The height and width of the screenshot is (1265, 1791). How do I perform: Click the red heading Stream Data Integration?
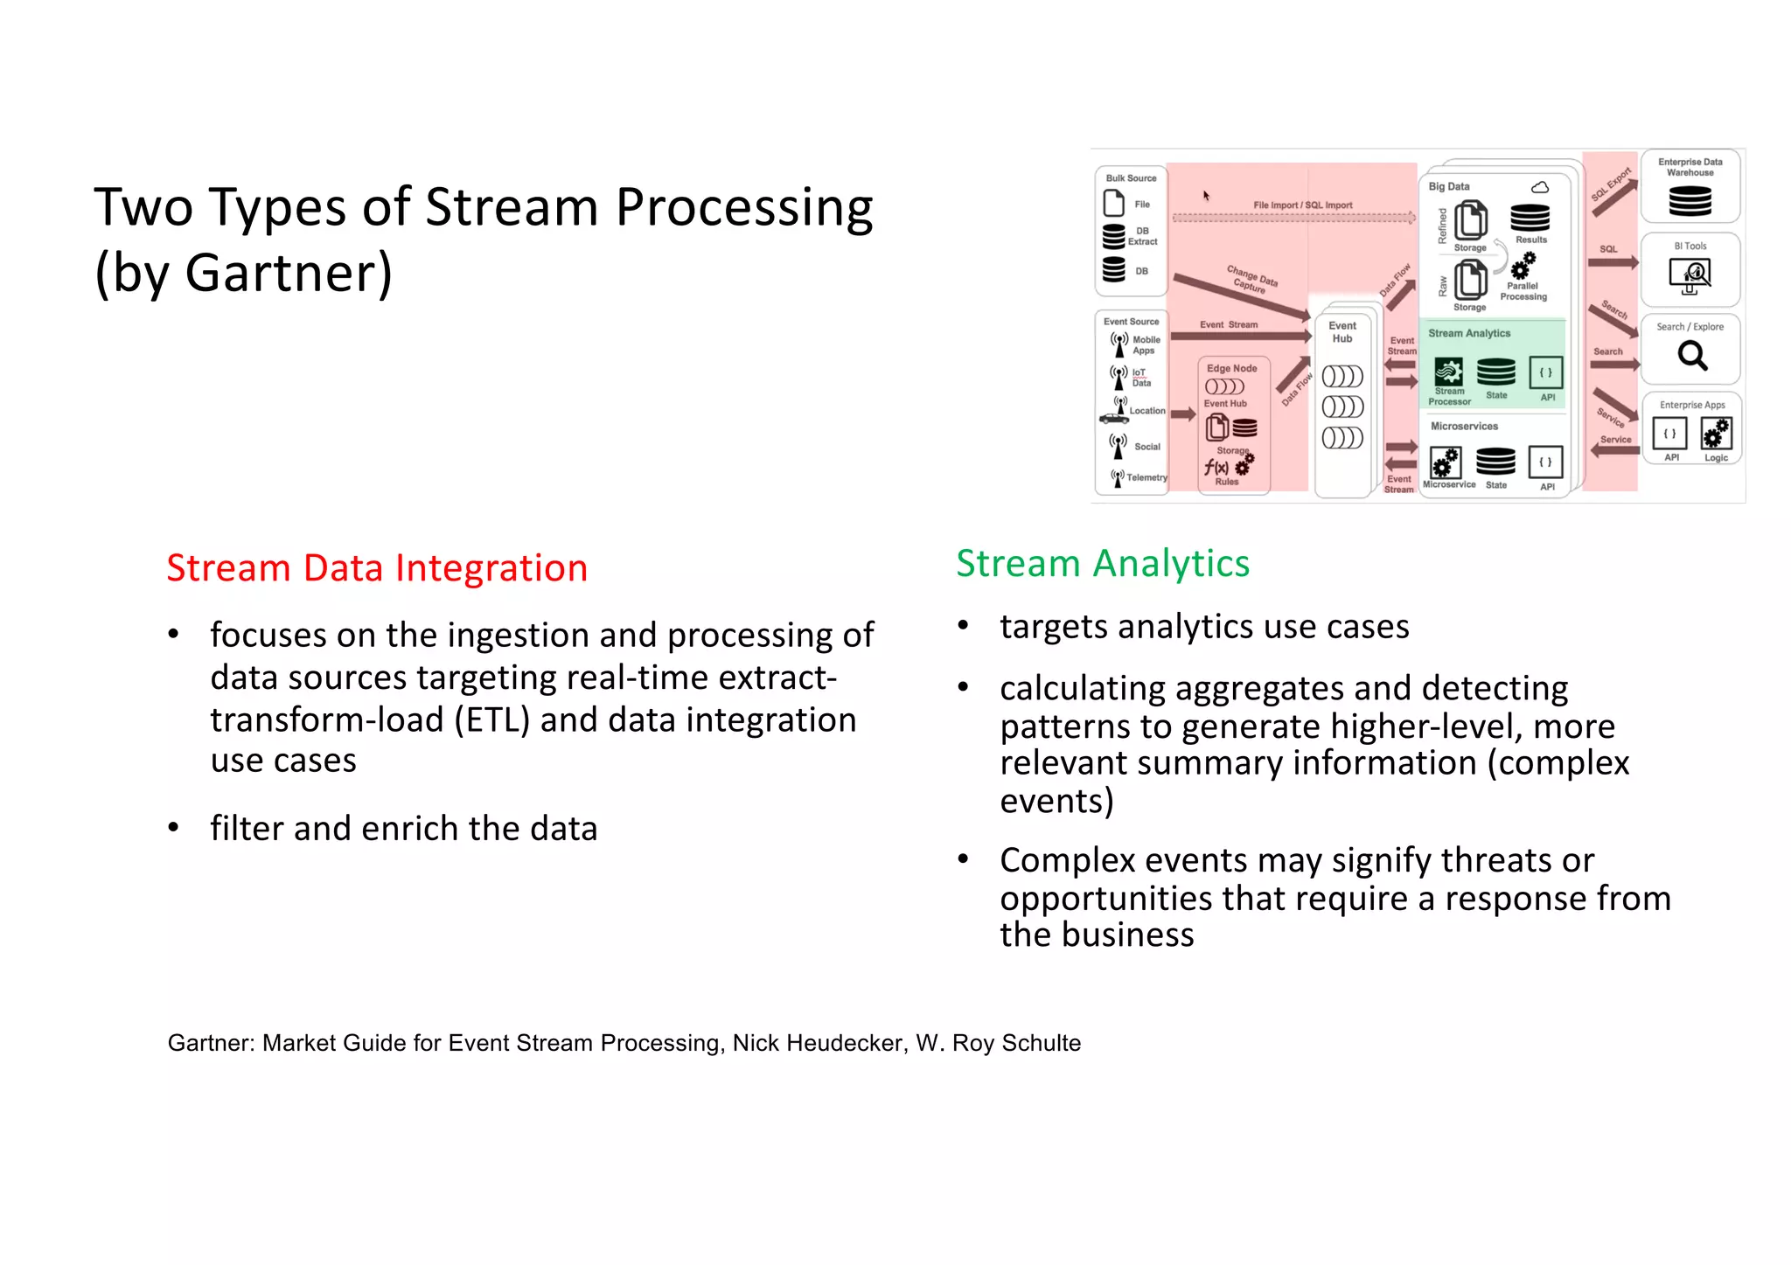pos(377,568)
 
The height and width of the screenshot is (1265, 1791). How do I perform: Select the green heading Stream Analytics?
pos(1102,564)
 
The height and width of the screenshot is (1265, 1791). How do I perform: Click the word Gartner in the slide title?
pos(288,274)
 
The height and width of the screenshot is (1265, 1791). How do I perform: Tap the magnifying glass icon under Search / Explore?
pos(1692,355)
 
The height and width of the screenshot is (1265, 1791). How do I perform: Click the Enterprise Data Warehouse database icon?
pos(1690,201)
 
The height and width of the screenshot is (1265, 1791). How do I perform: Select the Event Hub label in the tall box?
pos(1342,332)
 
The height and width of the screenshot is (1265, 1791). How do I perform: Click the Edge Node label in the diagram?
pos(1231,368)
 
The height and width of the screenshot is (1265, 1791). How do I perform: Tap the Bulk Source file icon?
pos(1114,204)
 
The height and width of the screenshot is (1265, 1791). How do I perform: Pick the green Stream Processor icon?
pos(1448,372)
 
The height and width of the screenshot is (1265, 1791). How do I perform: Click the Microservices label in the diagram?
pos(1464,427)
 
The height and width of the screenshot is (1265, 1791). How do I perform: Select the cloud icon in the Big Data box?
pos(1540,187)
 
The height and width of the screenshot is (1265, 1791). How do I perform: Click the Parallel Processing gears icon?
pos(1523,265)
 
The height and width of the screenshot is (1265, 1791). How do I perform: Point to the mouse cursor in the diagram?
pos(1206,196)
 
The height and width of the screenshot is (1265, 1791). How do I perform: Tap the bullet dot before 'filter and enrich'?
pos(174,827)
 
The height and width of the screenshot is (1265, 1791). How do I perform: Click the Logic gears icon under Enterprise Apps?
pos(1716,433)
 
